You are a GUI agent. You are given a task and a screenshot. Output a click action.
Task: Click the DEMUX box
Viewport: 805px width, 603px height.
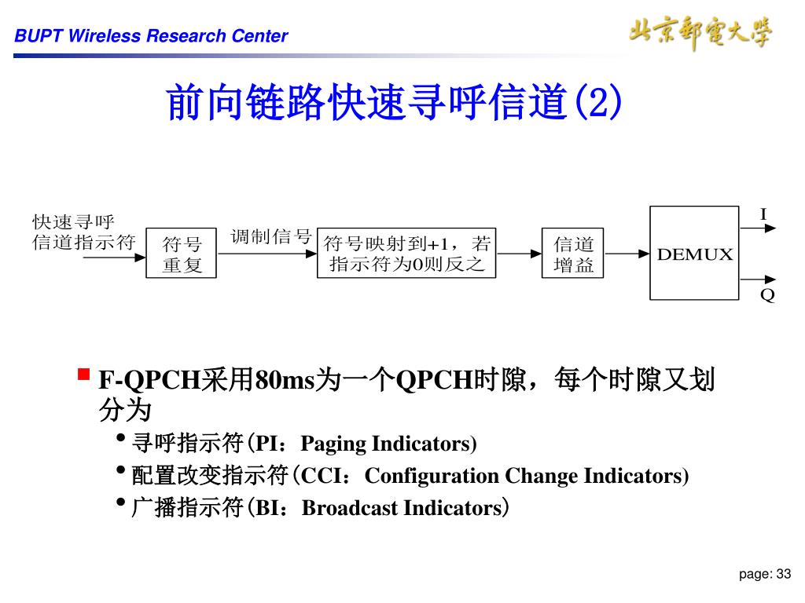click(x=694, y=253)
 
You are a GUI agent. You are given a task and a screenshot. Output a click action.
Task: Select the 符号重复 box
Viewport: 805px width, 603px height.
click(x=182, y=254)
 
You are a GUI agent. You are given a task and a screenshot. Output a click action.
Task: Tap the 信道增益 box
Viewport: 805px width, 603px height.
click(x=574, y=254)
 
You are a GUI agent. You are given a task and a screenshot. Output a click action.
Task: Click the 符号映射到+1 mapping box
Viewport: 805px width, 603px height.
click(x=406, y=254)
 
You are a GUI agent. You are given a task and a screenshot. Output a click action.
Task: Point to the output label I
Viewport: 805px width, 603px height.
click(x=763, y=214)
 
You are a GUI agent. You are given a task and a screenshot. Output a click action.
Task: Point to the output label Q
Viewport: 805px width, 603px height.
click(x=767, y=295)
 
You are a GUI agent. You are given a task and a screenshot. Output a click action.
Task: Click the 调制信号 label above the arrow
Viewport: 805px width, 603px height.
click(x=271, y=236)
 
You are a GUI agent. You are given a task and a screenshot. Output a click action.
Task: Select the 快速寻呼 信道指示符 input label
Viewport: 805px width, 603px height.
click(x=83, y=232)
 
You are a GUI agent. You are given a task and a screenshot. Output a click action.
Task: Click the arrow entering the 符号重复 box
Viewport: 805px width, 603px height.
click(x=114, y=255)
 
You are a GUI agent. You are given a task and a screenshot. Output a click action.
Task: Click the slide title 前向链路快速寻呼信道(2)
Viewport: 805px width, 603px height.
click(x=394, y=103)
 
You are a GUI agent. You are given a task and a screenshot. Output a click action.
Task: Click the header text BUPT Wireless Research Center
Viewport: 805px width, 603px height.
click(x=152, y=36)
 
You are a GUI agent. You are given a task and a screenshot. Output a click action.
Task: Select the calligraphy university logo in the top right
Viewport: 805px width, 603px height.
click(x=700, y=33)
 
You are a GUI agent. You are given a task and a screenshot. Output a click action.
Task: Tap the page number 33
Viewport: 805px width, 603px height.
click(x=783, y=575)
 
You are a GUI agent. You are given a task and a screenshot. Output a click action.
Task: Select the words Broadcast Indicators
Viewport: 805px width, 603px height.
click(x=401, y=508)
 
